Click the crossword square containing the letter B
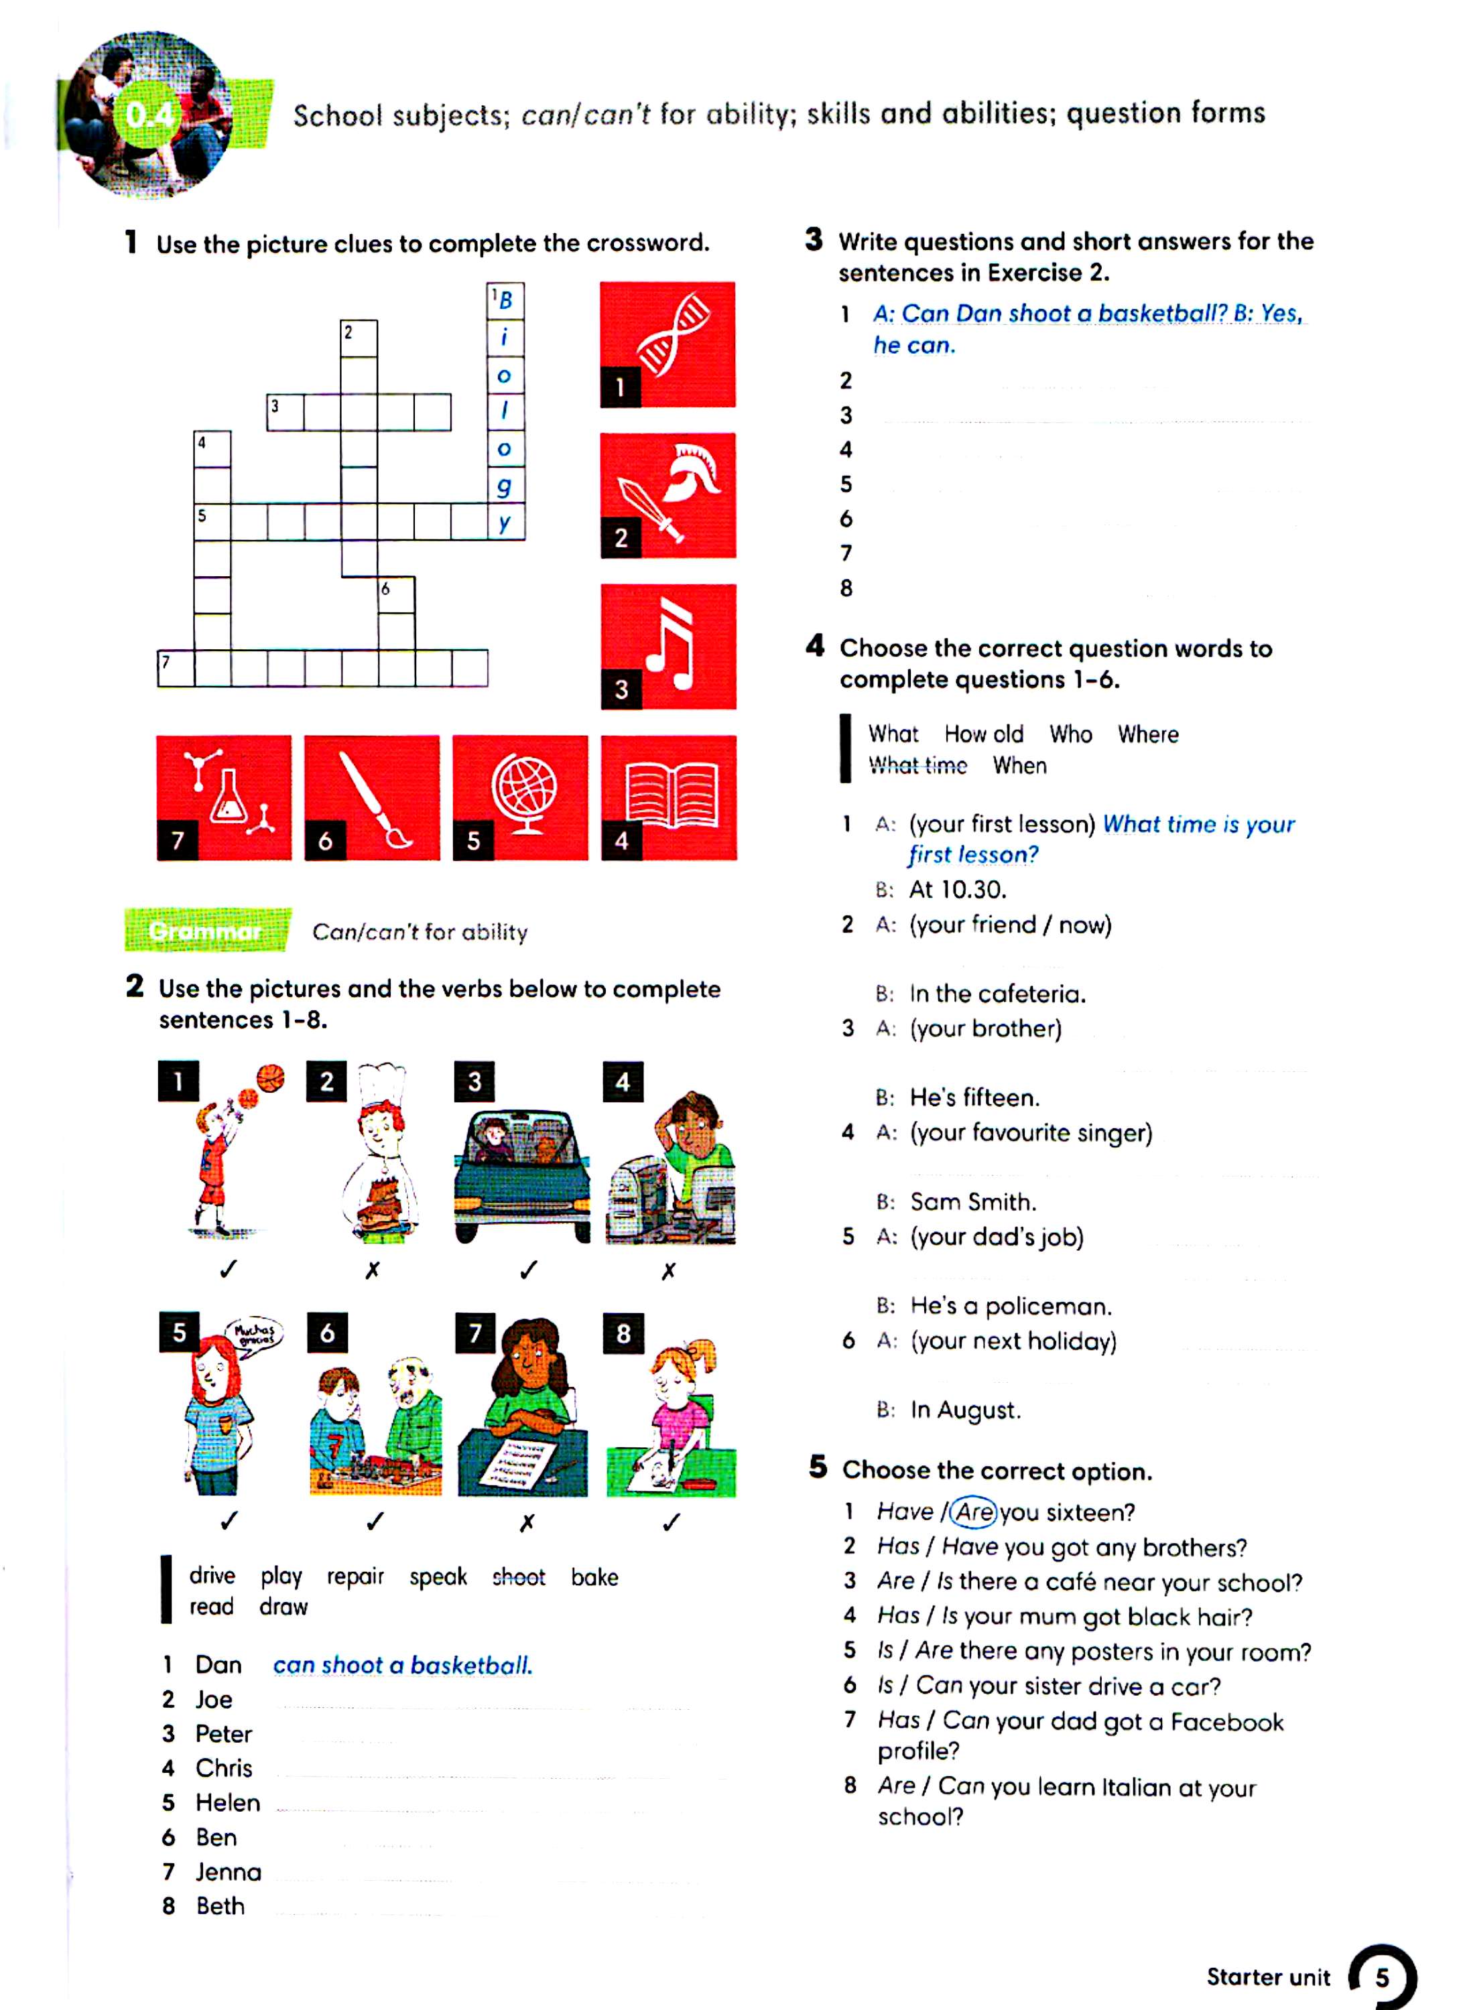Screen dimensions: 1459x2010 (x=505, y=300)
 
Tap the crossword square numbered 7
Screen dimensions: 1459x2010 (x=176, y=668)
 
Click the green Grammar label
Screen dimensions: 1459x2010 (x=207, y=931)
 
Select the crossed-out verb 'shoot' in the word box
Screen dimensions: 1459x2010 (x=519, y=1577)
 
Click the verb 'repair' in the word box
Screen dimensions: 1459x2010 (x=355, y=1577)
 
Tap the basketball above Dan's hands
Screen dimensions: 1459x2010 (x=271, y=1079)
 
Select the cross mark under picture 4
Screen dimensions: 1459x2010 (x=668, y=1271)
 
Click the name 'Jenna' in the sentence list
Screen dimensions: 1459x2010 (x=229, y=1873)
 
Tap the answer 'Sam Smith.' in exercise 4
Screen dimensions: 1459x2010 (x=973, y=1202)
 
